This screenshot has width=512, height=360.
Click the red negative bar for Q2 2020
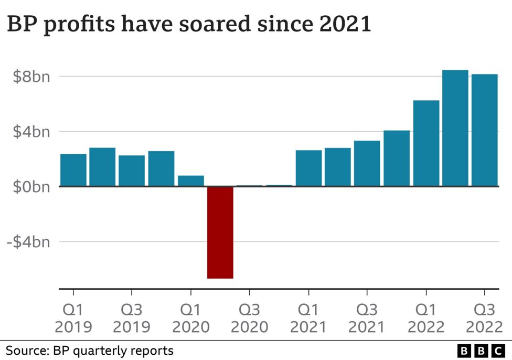[x=220, y=232]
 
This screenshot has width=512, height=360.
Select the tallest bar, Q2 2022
[x=455, y=128]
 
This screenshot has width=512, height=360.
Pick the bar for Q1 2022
[x=426, y=143]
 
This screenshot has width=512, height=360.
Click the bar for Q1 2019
[x=73, y=170]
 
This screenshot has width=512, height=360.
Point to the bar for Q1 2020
[x=191, y=181]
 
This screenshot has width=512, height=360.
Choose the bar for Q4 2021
[x=397, y=158]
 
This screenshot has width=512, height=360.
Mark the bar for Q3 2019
[x=132, y=171]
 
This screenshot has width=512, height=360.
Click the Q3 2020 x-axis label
[x=249, y=318]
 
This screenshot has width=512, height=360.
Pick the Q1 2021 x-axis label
[x=308, y=318]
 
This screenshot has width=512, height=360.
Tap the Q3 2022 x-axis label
[x=484, y=318]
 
